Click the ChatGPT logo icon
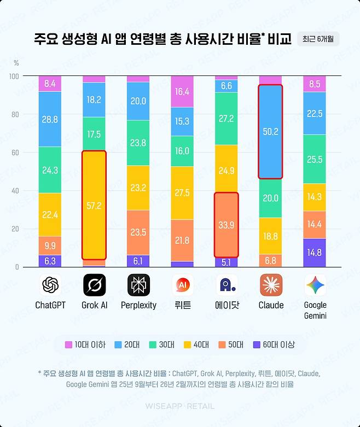(x=50, y=285)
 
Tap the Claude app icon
(x=271, y=285)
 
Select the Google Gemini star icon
(x=315, y=285)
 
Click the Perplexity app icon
(x=138, y=285)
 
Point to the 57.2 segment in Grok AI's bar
(x=94, y=205)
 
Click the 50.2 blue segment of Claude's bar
(x=271, y=132)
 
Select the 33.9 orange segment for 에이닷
(x=227, y=225)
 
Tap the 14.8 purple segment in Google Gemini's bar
(x=315, y=253)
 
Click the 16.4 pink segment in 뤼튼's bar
(x=182, y=92)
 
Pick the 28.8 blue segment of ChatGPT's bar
(x=50, y=119)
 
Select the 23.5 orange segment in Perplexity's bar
(x=138, y=232)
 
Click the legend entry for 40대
(x=195, y=344)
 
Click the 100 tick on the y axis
(x=13, y=76)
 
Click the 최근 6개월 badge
(x=318, y=39)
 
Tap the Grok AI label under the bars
(x=94, y=305)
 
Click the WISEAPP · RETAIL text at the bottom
(x=179, y=406)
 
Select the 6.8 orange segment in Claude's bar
(x=271, y=261)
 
